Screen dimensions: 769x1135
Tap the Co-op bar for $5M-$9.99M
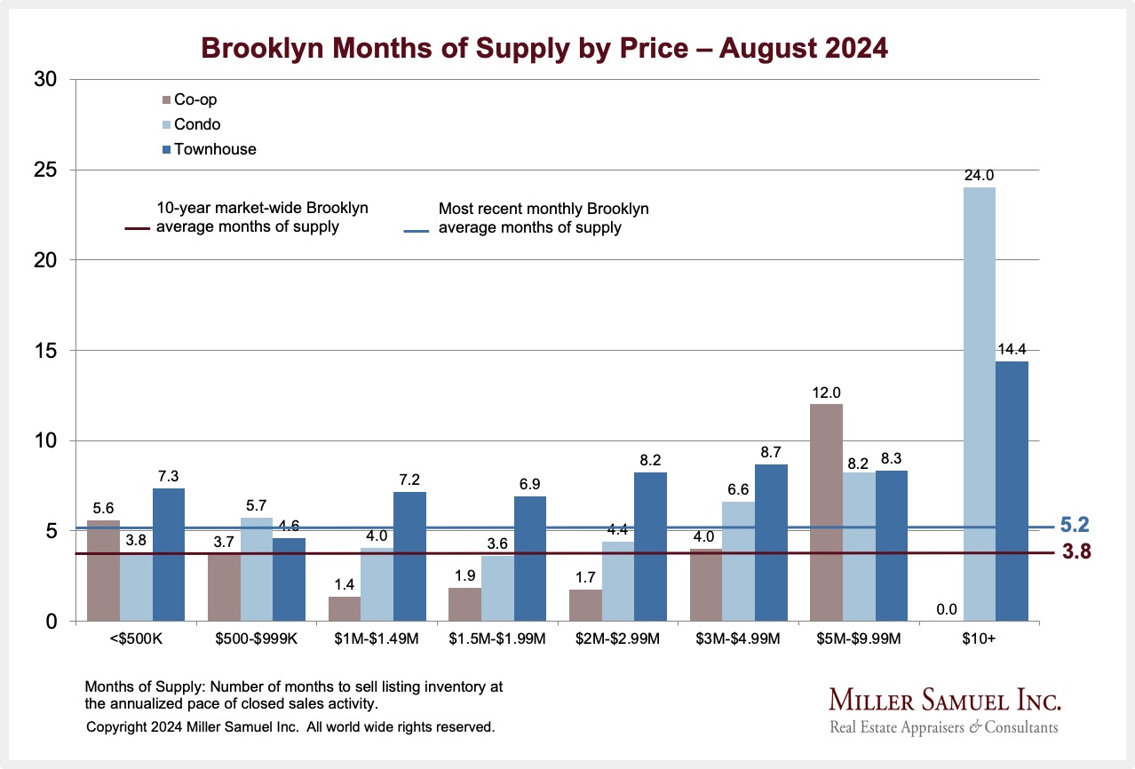tap(826, 512)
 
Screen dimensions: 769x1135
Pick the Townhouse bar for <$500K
tap(168, 555)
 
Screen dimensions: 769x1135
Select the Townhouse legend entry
tap(209, 149)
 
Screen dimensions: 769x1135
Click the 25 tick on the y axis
tap(44, 170)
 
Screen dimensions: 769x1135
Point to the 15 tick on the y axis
tap(44, 351)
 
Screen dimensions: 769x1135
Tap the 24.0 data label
tap(980, 176)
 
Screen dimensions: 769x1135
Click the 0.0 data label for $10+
tap(947, 609)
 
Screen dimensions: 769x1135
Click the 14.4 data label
tap(1012, 349)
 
